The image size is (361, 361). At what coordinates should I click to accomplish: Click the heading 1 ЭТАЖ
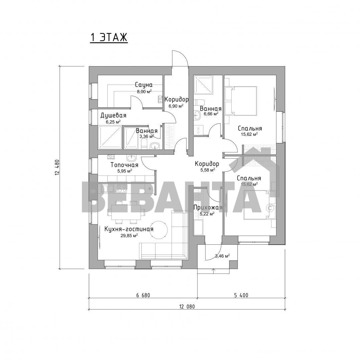click(x=109, y=37)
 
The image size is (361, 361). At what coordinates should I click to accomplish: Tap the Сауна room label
click(x=144, y=85)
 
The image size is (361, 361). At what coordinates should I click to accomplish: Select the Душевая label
click(x=113, y=115)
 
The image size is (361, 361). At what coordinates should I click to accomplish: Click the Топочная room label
click(x=124, y=165)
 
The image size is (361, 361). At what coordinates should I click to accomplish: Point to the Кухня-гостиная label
click(x=129, y=229)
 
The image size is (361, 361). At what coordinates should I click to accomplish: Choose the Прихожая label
click(x=208, y=208)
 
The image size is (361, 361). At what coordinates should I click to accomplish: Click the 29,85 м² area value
click(x=129, y=235)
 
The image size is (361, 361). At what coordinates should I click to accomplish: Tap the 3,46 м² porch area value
click(x=222, y=256)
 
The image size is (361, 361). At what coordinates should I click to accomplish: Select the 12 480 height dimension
click(x=57, y=167)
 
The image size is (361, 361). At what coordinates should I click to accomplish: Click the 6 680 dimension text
click(x=143, y=295)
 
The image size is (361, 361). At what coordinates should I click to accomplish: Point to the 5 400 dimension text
click(x=241, y=295)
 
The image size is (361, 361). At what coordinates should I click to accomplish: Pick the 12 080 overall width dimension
click(x=187, y=307)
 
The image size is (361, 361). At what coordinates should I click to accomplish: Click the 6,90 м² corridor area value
click(x=176, y=106)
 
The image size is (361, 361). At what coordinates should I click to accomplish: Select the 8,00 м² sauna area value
click(x=144, y=91)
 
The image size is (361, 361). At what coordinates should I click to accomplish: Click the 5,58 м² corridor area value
click(x=208, y=170)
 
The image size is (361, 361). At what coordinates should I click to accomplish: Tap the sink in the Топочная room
click(x=131, y=158)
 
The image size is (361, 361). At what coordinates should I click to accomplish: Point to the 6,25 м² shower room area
click(x=113, y=122)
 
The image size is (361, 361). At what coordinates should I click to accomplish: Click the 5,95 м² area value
click(x=125, y=171)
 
